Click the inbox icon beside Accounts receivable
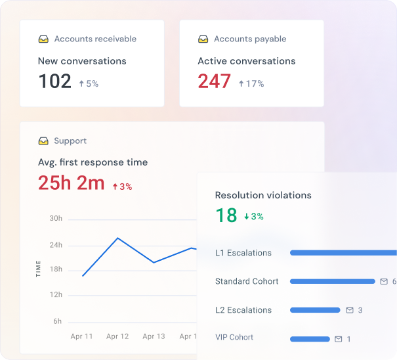[43, 39]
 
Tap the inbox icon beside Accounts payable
[203, 39]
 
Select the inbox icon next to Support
[43, 141]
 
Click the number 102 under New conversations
[54, 81]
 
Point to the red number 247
[214, 81]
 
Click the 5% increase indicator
[89, 83]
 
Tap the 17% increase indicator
[251, 83]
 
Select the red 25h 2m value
[71, 183]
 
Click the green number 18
[226, 215]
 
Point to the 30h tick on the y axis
[56, 218]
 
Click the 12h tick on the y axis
[56, 294]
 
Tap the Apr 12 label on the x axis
[117, 336]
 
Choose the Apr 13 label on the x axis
[154, 336]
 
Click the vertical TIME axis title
[38, 269]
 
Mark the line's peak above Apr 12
[117, 238]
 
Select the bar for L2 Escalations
[315, 310]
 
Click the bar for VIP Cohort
[310, 339]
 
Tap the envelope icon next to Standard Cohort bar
[384, 281]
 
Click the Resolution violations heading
[263, 195]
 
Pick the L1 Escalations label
[243, 253]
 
